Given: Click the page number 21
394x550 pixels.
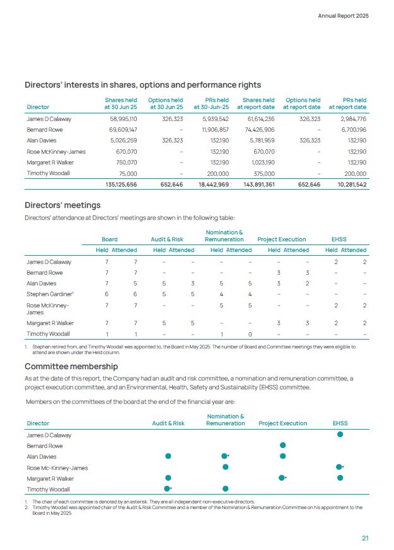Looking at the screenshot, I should click(x=365, y=537).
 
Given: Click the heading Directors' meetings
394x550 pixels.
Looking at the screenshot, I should click(x=62, y=205).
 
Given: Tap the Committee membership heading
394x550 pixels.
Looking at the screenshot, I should click(x=71, y=366).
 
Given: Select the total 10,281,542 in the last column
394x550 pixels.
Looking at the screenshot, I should click(x=348, y=184).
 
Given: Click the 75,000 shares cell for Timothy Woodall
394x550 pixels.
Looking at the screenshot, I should click(x=127, y=173).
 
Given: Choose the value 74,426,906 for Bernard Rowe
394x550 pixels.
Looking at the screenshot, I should click(x=257, y=129).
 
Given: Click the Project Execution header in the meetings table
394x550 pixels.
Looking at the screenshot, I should click(x=282, y=239).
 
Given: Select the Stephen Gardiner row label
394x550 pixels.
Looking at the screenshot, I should click(x=48, y=294).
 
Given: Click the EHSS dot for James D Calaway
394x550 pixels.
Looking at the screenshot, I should click(x=340, y=434).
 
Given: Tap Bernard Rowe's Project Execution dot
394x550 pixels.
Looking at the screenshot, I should click(x=283, y=445).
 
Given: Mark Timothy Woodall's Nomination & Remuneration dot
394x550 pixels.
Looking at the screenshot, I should click(x=225, y=488).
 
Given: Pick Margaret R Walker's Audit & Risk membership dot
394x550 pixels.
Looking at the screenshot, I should click(x=168, y=478).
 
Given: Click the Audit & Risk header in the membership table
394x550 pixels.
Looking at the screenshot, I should click(x=168, y=423).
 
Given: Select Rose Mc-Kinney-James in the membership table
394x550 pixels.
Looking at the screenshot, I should click(x=57, y=467).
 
